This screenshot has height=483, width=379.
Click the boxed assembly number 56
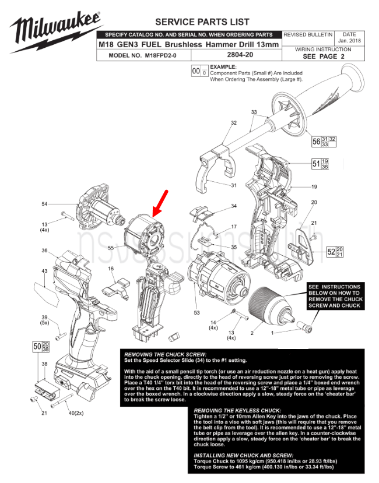coord(317,142)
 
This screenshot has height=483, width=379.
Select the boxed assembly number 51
coord(315,164)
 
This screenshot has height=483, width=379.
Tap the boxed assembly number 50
coord(37,347)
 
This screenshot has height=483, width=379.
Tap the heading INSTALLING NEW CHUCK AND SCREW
coord(244,455)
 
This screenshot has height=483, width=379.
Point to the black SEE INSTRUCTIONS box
coord(334,296)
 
